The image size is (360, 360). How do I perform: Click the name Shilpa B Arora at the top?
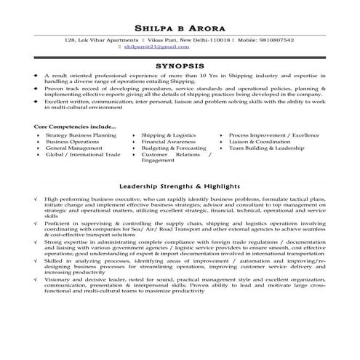[180, 28]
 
